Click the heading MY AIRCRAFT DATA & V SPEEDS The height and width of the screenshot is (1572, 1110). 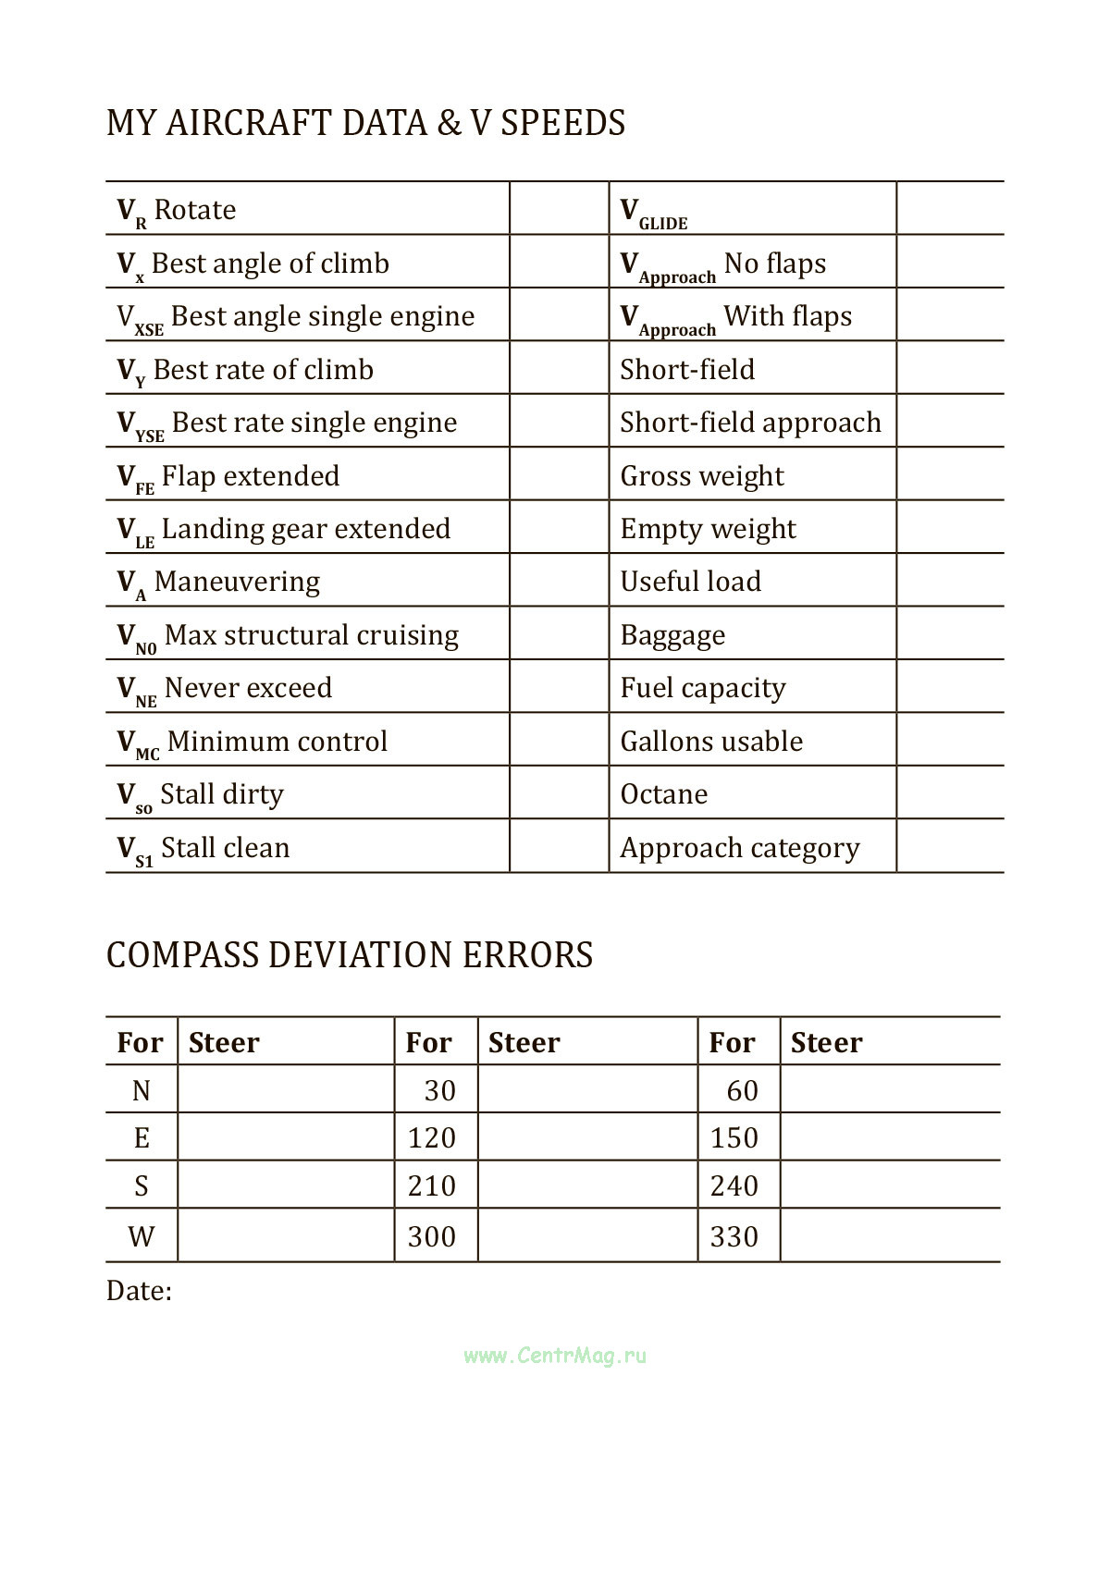[x=365, y=123]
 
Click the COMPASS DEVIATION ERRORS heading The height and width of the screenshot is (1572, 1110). [x=350, y=955]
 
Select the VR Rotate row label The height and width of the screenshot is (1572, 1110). [x=177, y=211]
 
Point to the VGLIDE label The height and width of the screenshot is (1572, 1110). [x=654, y=213]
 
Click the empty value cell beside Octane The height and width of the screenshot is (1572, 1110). [x=949, y=793]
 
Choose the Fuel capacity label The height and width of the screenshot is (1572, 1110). [x=703, y=688]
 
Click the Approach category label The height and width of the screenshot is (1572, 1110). [x=740, y=848]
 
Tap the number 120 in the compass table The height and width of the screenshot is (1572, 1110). [x=432, y=1138]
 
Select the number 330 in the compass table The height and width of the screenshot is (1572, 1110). [x=734, y=1237]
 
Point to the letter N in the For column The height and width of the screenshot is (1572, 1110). [x=142, y=1091]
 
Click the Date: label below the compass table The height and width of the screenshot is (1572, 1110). [x=139, y=1291]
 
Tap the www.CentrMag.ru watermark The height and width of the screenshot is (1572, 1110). [x=555, y=1357]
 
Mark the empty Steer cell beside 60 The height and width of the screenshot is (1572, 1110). [x=890, y=1090]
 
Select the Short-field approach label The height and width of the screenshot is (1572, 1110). [x=750, y=423]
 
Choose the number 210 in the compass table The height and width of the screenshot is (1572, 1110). [x=432, y=1186]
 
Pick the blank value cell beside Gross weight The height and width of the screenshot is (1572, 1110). [x=949, y=475]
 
